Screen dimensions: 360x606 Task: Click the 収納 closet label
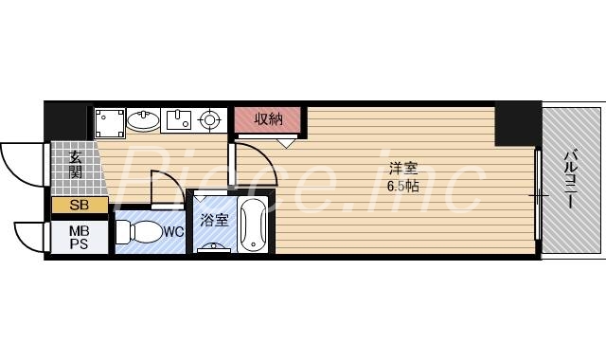(269, 119)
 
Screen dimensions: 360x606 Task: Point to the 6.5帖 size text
(401, 187)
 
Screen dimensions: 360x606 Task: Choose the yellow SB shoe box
(72, 206)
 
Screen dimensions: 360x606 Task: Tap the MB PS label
(78, 236)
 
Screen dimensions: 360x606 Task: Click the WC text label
(173, 230)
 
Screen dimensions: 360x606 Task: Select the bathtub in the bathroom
(255, 227)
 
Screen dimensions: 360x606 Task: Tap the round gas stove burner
(209, 120)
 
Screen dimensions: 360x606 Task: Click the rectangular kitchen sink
(178, 120)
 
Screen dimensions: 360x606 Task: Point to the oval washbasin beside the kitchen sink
(144, 120)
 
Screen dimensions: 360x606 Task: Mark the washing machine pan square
(109, 122)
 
